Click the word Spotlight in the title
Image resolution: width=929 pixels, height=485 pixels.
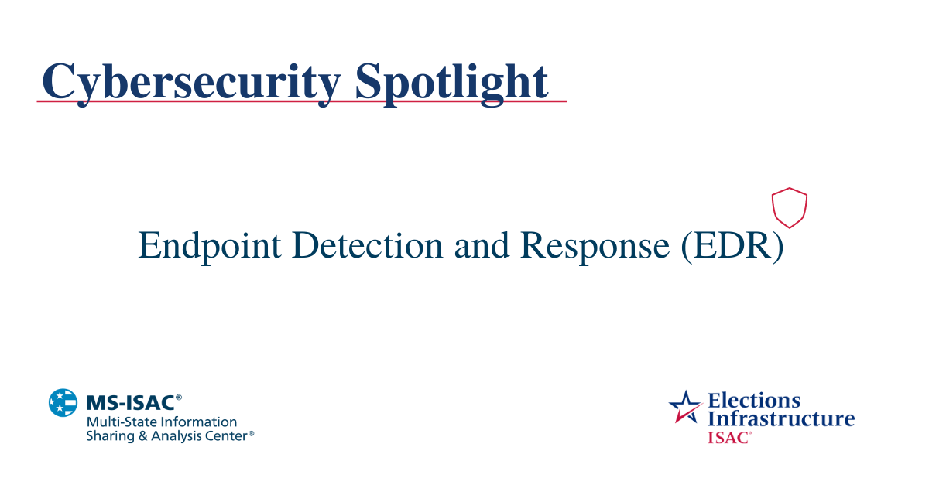coord(451,81)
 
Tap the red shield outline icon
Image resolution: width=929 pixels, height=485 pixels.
coord(790,207)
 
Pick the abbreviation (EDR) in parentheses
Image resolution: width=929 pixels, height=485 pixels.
coord(732,246)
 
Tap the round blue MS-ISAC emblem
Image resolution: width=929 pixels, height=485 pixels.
coord(63,403)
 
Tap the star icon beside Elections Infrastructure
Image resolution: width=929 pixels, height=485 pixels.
coord(684,407)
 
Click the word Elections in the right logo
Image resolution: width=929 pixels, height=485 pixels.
coord(754,401)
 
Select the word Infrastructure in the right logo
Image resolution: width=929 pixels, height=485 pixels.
coord(781,418)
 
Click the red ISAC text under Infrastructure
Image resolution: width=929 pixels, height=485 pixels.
coord(728,437)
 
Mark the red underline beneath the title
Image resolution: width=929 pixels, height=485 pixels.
coord(302,101)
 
